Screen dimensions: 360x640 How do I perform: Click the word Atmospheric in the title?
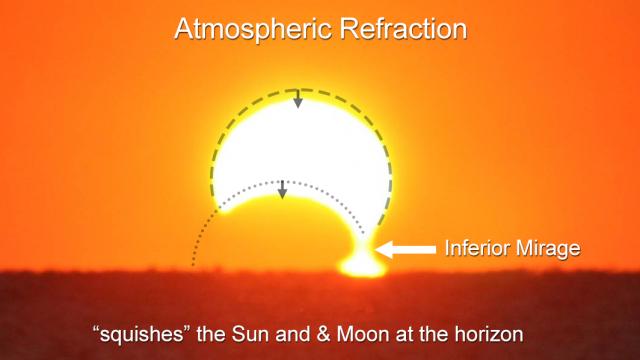click(x=245, y=29)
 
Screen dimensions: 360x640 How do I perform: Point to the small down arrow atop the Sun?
click(x=297, y=99)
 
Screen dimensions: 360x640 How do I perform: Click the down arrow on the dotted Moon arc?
click(x=283, y=188)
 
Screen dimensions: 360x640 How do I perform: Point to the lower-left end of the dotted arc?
click(x=192, y=265)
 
